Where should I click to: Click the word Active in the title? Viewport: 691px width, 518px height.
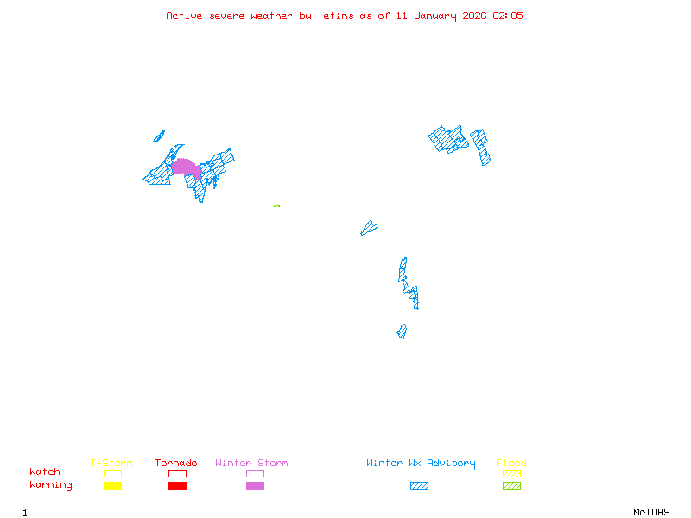(x=185, y=16)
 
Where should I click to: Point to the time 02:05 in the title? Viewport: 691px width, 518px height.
(x=508, y=16)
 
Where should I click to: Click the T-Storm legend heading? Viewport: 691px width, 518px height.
(x=111, y=464)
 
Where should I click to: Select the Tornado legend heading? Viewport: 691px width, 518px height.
(x=176, y=464)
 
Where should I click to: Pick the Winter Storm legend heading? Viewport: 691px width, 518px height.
(x=251, y=464)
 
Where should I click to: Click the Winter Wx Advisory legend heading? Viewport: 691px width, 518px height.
(x=421, y=464)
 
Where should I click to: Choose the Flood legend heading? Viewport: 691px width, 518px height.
(x=511, y=464)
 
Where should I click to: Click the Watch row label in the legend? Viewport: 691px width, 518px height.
(x=45, y=472)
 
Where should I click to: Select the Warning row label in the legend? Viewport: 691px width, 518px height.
(x=51, y=485)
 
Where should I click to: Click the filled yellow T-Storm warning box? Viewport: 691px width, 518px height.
(x=112, y=486)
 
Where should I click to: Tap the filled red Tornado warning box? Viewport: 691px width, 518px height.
(x=177, y=486)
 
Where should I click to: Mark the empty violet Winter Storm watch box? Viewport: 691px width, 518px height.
(x=255, y=473)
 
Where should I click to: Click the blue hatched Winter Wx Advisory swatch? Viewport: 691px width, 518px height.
(x=419, y=486)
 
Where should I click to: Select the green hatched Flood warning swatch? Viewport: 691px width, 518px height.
(x=511, y=486)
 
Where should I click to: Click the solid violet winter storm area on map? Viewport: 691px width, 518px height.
(x=186, y=167)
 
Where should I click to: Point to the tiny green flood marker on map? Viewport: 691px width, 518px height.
(x=276, y=205)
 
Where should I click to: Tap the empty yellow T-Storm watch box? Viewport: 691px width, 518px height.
(x=112, y=473)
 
